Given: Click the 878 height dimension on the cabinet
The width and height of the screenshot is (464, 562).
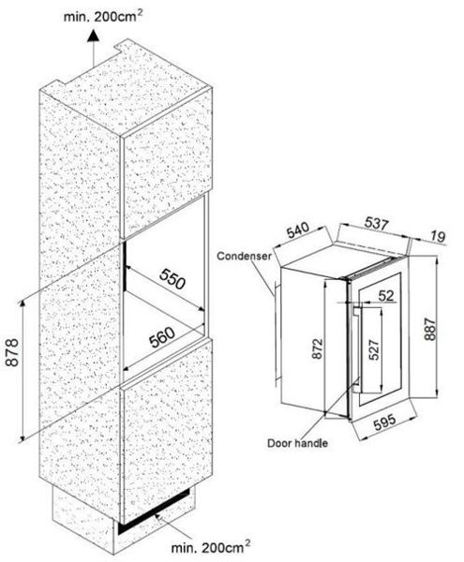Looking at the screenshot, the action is (12, 352).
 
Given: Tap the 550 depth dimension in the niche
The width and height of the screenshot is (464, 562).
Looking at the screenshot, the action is (172, 279).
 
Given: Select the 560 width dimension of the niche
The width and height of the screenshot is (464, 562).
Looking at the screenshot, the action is (162, 337).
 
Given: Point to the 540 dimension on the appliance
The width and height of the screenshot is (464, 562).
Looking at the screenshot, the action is (298, 230).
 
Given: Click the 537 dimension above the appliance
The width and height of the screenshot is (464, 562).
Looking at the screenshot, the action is (377, 223).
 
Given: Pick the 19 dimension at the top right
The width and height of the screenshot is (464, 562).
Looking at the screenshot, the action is (438, 236).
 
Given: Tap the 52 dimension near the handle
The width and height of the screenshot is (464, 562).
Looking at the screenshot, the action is (386, 295).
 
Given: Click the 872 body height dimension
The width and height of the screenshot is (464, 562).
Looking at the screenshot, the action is (318, 348).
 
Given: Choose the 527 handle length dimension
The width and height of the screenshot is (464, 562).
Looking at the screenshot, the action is (374, 349).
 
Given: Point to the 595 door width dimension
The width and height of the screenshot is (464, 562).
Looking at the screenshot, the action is (384, 422).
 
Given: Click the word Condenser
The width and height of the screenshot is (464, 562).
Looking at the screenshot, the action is (245, 256).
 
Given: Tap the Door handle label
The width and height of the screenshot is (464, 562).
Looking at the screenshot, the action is (298, 443).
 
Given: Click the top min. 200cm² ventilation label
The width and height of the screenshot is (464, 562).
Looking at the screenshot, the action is (102, 16).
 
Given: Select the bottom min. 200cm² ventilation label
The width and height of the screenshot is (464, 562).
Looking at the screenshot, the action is (211, 547).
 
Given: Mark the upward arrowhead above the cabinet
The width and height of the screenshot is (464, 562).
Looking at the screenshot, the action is (93, 36).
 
